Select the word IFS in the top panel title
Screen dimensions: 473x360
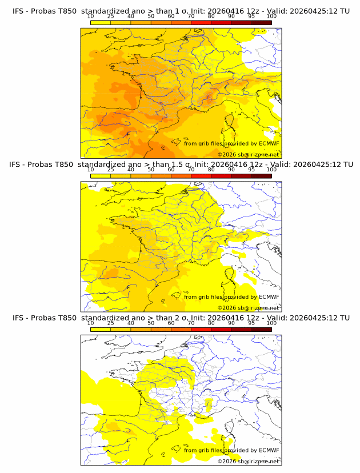click(x=18, y=11)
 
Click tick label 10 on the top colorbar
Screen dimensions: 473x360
click(x=91, y=17)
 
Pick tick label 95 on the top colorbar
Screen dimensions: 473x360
click(x=251, y=17)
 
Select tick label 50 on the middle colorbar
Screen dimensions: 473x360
click(x=151, y=170)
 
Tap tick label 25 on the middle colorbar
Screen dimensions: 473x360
click(x=111, y=170)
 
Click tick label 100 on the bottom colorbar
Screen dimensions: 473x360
click(x=271, y=323)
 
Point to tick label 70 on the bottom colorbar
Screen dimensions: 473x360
click(x=191, y=323)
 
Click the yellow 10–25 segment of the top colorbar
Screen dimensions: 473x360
click(x=101, y=22)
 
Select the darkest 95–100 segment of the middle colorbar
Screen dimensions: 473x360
click(x=261, y=175)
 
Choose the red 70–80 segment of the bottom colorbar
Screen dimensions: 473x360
click(x=201, y=328)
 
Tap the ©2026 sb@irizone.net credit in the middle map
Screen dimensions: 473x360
click(x=248, y=308)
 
